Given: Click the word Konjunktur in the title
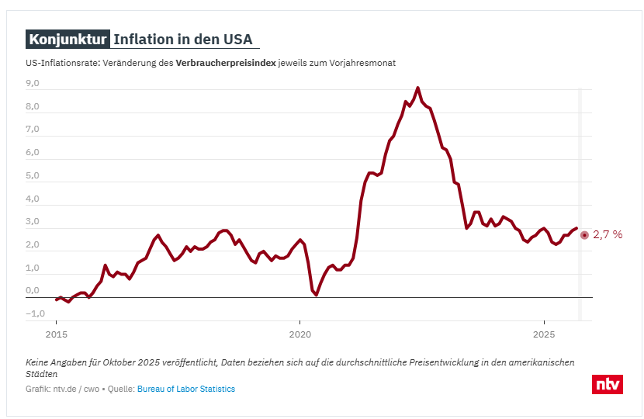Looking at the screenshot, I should [68, 40].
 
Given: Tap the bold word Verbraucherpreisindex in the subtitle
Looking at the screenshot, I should [226, 63].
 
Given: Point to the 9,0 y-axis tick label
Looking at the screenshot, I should [33, 83].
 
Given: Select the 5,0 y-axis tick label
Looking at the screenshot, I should [33, 175].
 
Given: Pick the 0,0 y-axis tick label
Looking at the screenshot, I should [33, 290].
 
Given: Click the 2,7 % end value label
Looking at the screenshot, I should [608, 234].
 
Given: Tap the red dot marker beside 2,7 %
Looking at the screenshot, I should [584, 234].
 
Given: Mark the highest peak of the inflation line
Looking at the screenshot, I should [418, 88].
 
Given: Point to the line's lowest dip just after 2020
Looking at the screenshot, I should [316, 295].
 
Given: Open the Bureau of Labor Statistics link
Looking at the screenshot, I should [186, 389].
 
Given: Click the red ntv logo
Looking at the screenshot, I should [607, 383].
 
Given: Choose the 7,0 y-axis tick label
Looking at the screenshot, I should [33, 130].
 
